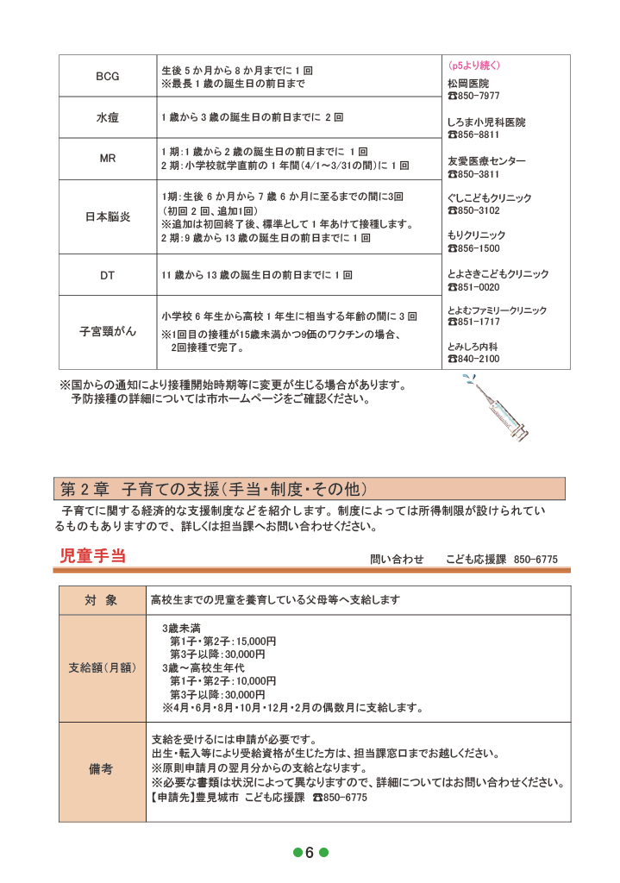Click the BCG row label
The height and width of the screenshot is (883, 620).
coord(108,76)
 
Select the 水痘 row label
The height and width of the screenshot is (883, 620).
coord(108,116)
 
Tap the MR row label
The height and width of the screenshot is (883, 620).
coord(108,159)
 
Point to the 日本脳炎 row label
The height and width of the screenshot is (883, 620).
coord(108,217)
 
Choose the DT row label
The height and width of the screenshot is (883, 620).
coord(108,276)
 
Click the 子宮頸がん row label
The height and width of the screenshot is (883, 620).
coord(108,331)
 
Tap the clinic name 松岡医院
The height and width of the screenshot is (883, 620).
coord(467,84)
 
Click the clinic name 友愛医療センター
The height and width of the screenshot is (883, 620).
coord(485,161)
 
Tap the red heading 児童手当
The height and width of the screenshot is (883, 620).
coord(93,556)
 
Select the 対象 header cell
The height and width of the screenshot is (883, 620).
coord(101,599)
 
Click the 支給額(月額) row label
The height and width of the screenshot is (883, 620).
coord(101,667)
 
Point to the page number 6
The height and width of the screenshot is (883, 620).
coord(310,853)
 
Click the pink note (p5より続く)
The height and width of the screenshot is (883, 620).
coord(473,66)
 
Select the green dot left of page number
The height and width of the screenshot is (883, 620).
coord(297,853)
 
